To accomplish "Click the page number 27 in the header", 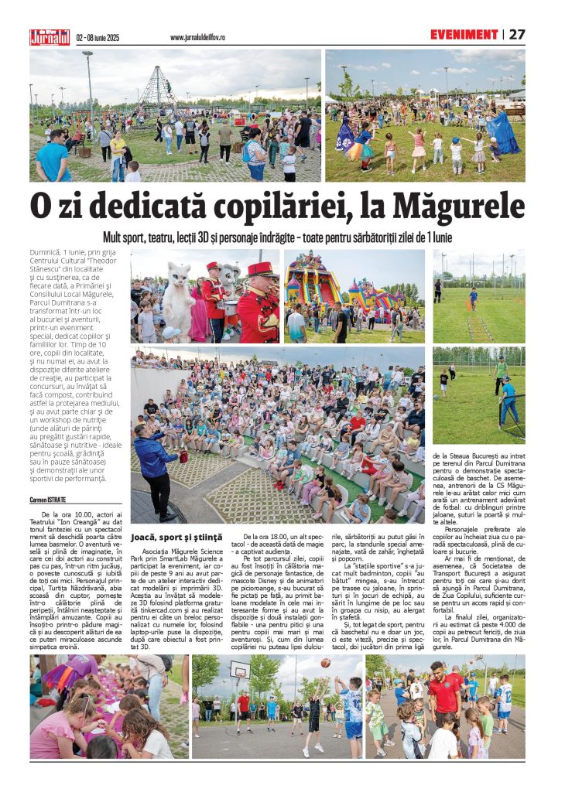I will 517,35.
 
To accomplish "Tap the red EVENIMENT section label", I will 464,35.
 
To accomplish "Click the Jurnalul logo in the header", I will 50,36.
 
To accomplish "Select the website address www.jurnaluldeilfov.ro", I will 197,37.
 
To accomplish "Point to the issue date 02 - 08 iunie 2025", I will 98,37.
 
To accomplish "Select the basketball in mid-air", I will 326,663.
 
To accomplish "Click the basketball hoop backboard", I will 240,671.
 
